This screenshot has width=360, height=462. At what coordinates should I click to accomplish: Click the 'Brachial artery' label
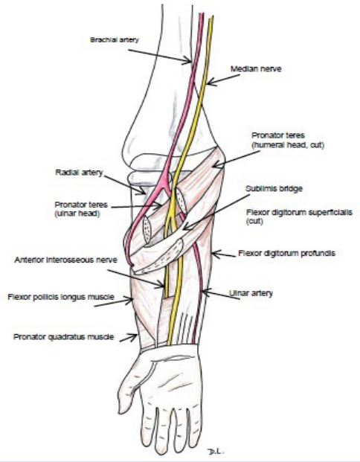pos(115,39)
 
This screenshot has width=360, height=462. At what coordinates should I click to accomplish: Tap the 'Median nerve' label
pos(256,69)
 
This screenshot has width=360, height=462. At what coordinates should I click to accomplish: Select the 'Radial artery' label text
pos(79,173)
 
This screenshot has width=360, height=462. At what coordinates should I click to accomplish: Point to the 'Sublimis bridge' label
pos(274,188)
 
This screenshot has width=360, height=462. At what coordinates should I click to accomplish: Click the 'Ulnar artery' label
pos(251,293)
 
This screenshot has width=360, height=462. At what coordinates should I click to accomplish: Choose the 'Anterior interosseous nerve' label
pos(65,260)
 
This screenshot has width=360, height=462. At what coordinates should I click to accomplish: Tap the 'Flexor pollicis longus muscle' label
pos(61,297)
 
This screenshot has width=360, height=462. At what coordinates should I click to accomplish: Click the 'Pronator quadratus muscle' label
pos(64,337)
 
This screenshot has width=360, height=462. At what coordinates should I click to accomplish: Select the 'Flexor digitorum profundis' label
pos(286,254)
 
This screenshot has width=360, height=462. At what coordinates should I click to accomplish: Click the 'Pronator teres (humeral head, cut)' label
pos(288,141)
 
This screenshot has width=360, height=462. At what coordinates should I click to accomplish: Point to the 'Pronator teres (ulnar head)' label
pos(81,209)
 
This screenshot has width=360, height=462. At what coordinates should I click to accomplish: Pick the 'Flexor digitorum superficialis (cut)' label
pos(299,216)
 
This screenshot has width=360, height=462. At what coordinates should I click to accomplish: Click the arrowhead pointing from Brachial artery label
pos(188,61)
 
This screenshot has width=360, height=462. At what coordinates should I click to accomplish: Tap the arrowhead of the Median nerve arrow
pos(210,82)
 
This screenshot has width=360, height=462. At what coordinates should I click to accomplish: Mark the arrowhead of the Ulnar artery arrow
pos(205,292)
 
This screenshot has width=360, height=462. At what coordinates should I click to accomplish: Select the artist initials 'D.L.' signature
pos(216,451)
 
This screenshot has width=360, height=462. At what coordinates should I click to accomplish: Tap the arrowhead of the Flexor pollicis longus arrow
pos(130,301)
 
